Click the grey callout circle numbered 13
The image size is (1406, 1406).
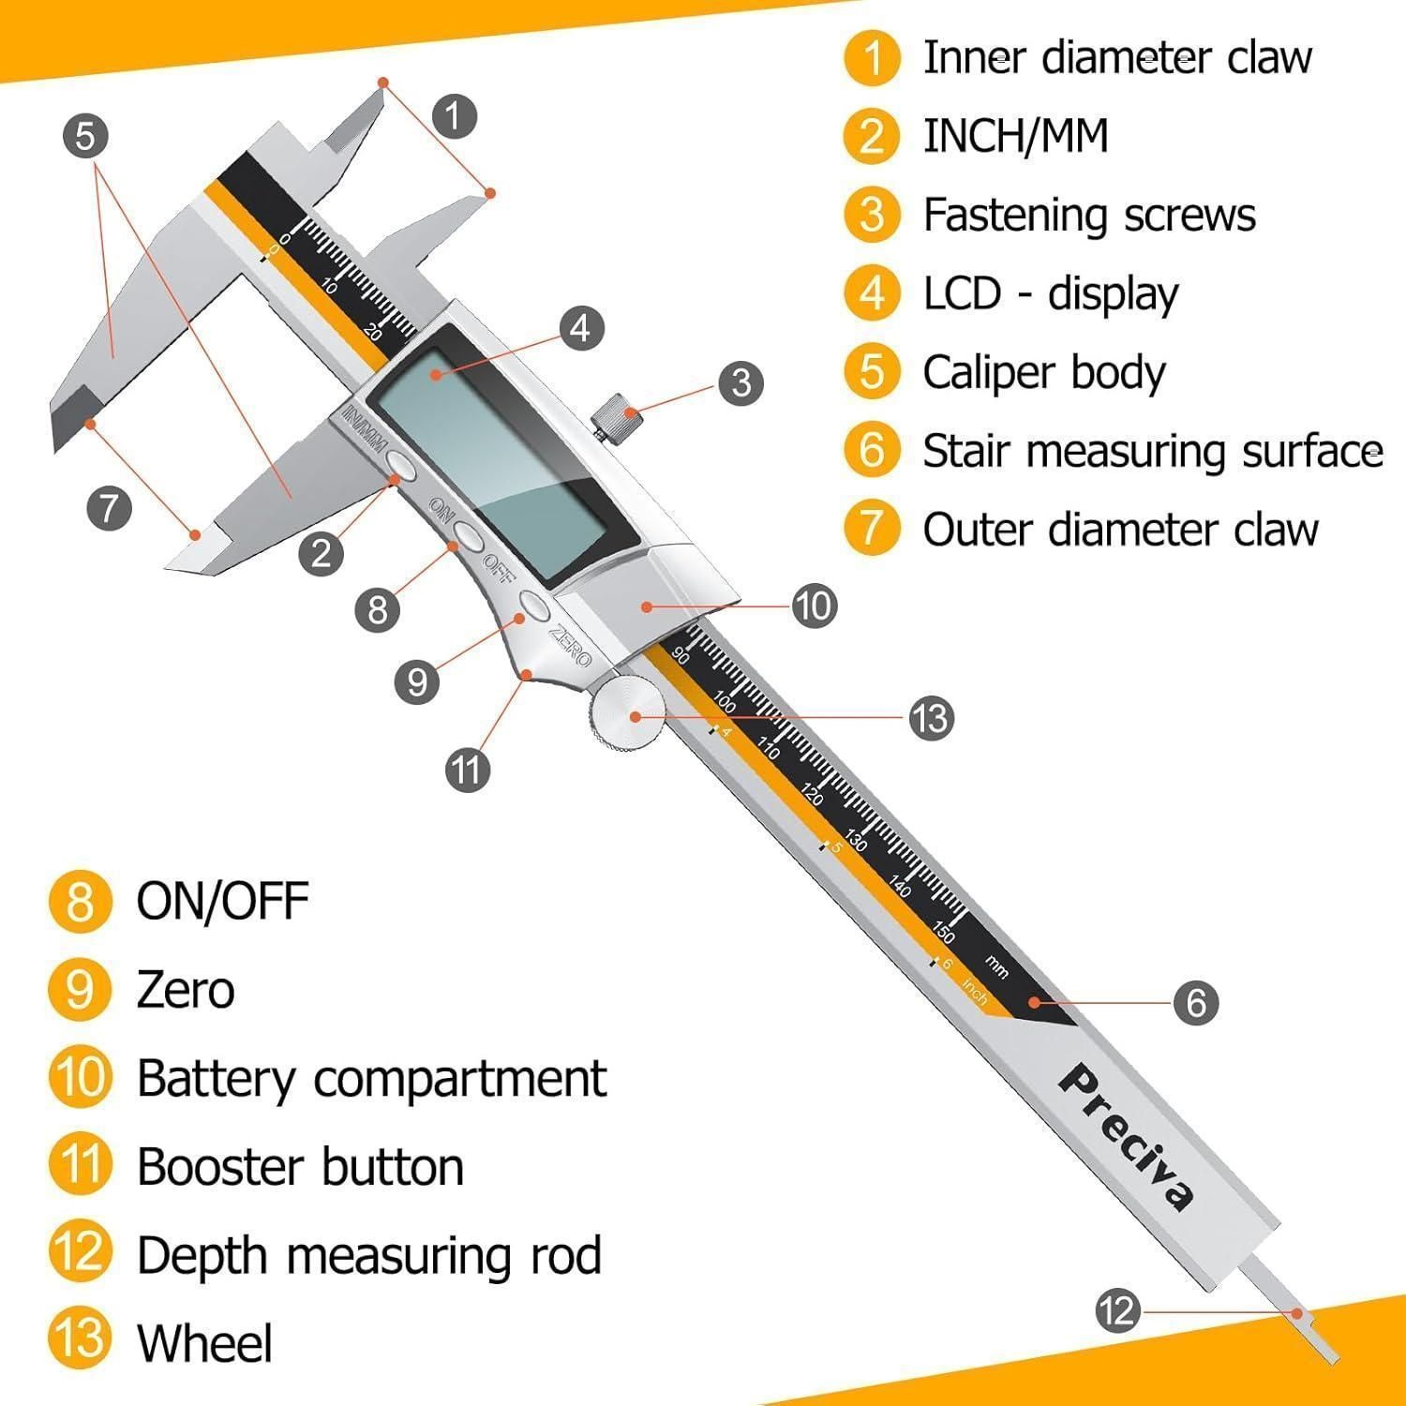click(x=931, y=719)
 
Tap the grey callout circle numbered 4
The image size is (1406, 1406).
click(x=581, y=328)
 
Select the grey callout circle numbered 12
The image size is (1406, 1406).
click(x=1117, y=1310)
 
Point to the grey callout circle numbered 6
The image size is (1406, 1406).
click(x=1196, y=1003)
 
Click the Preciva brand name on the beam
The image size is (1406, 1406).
click(x=1128, y=1137)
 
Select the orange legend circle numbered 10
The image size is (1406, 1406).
click(x=81, y=1077)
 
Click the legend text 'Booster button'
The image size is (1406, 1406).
click(x=300, y=1167)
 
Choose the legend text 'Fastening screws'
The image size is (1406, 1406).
click(x=1089, y=215)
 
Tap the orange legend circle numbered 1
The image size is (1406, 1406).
click(x=872, y=57)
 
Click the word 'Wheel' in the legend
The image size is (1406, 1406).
click(x=204, y=1342)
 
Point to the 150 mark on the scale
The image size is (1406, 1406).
click(x=944, y=934)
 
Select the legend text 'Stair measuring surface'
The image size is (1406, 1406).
click(x=1153, y=451)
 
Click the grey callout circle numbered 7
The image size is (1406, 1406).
click(x=109, y=509)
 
